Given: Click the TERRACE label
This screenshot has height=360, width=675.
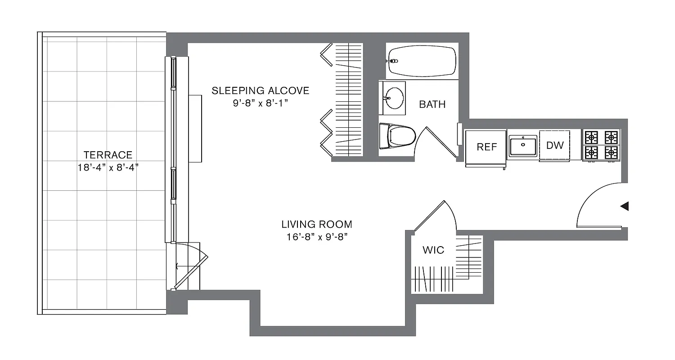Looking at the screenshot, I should (108, 155).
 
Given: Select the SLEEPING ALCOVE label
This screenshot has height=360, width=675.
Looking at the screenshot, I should (261, 90).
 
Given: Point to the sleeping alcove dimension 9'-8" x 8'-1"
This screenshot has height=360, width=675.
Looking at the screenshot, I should (261, 103).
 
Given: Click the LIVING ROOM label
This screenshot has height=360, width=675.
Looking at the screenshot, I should (317, 224).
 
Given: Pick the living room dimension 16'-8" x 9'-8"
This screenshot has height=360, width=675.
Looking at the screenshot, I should (317, 237).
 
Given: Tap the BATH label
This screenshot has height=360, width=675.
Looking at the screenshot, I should (432, 104).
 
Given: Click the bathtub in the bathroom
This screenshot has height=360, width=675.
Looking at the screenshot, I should (422, 61).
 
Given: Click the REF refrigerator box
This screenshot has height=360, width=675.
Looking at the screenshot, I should (486, 147).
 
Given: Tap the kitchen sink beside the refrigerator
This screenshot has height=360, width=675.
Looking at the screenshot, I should (522, 145).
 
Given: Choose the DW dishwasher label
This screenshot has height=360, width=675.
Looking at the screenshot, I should (554, 145).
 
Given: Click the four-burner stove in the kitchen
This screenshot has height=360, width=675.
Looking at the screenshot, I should (601, 145).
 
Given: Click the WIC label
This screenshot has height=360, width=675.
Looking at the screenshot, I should (433, 250).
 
